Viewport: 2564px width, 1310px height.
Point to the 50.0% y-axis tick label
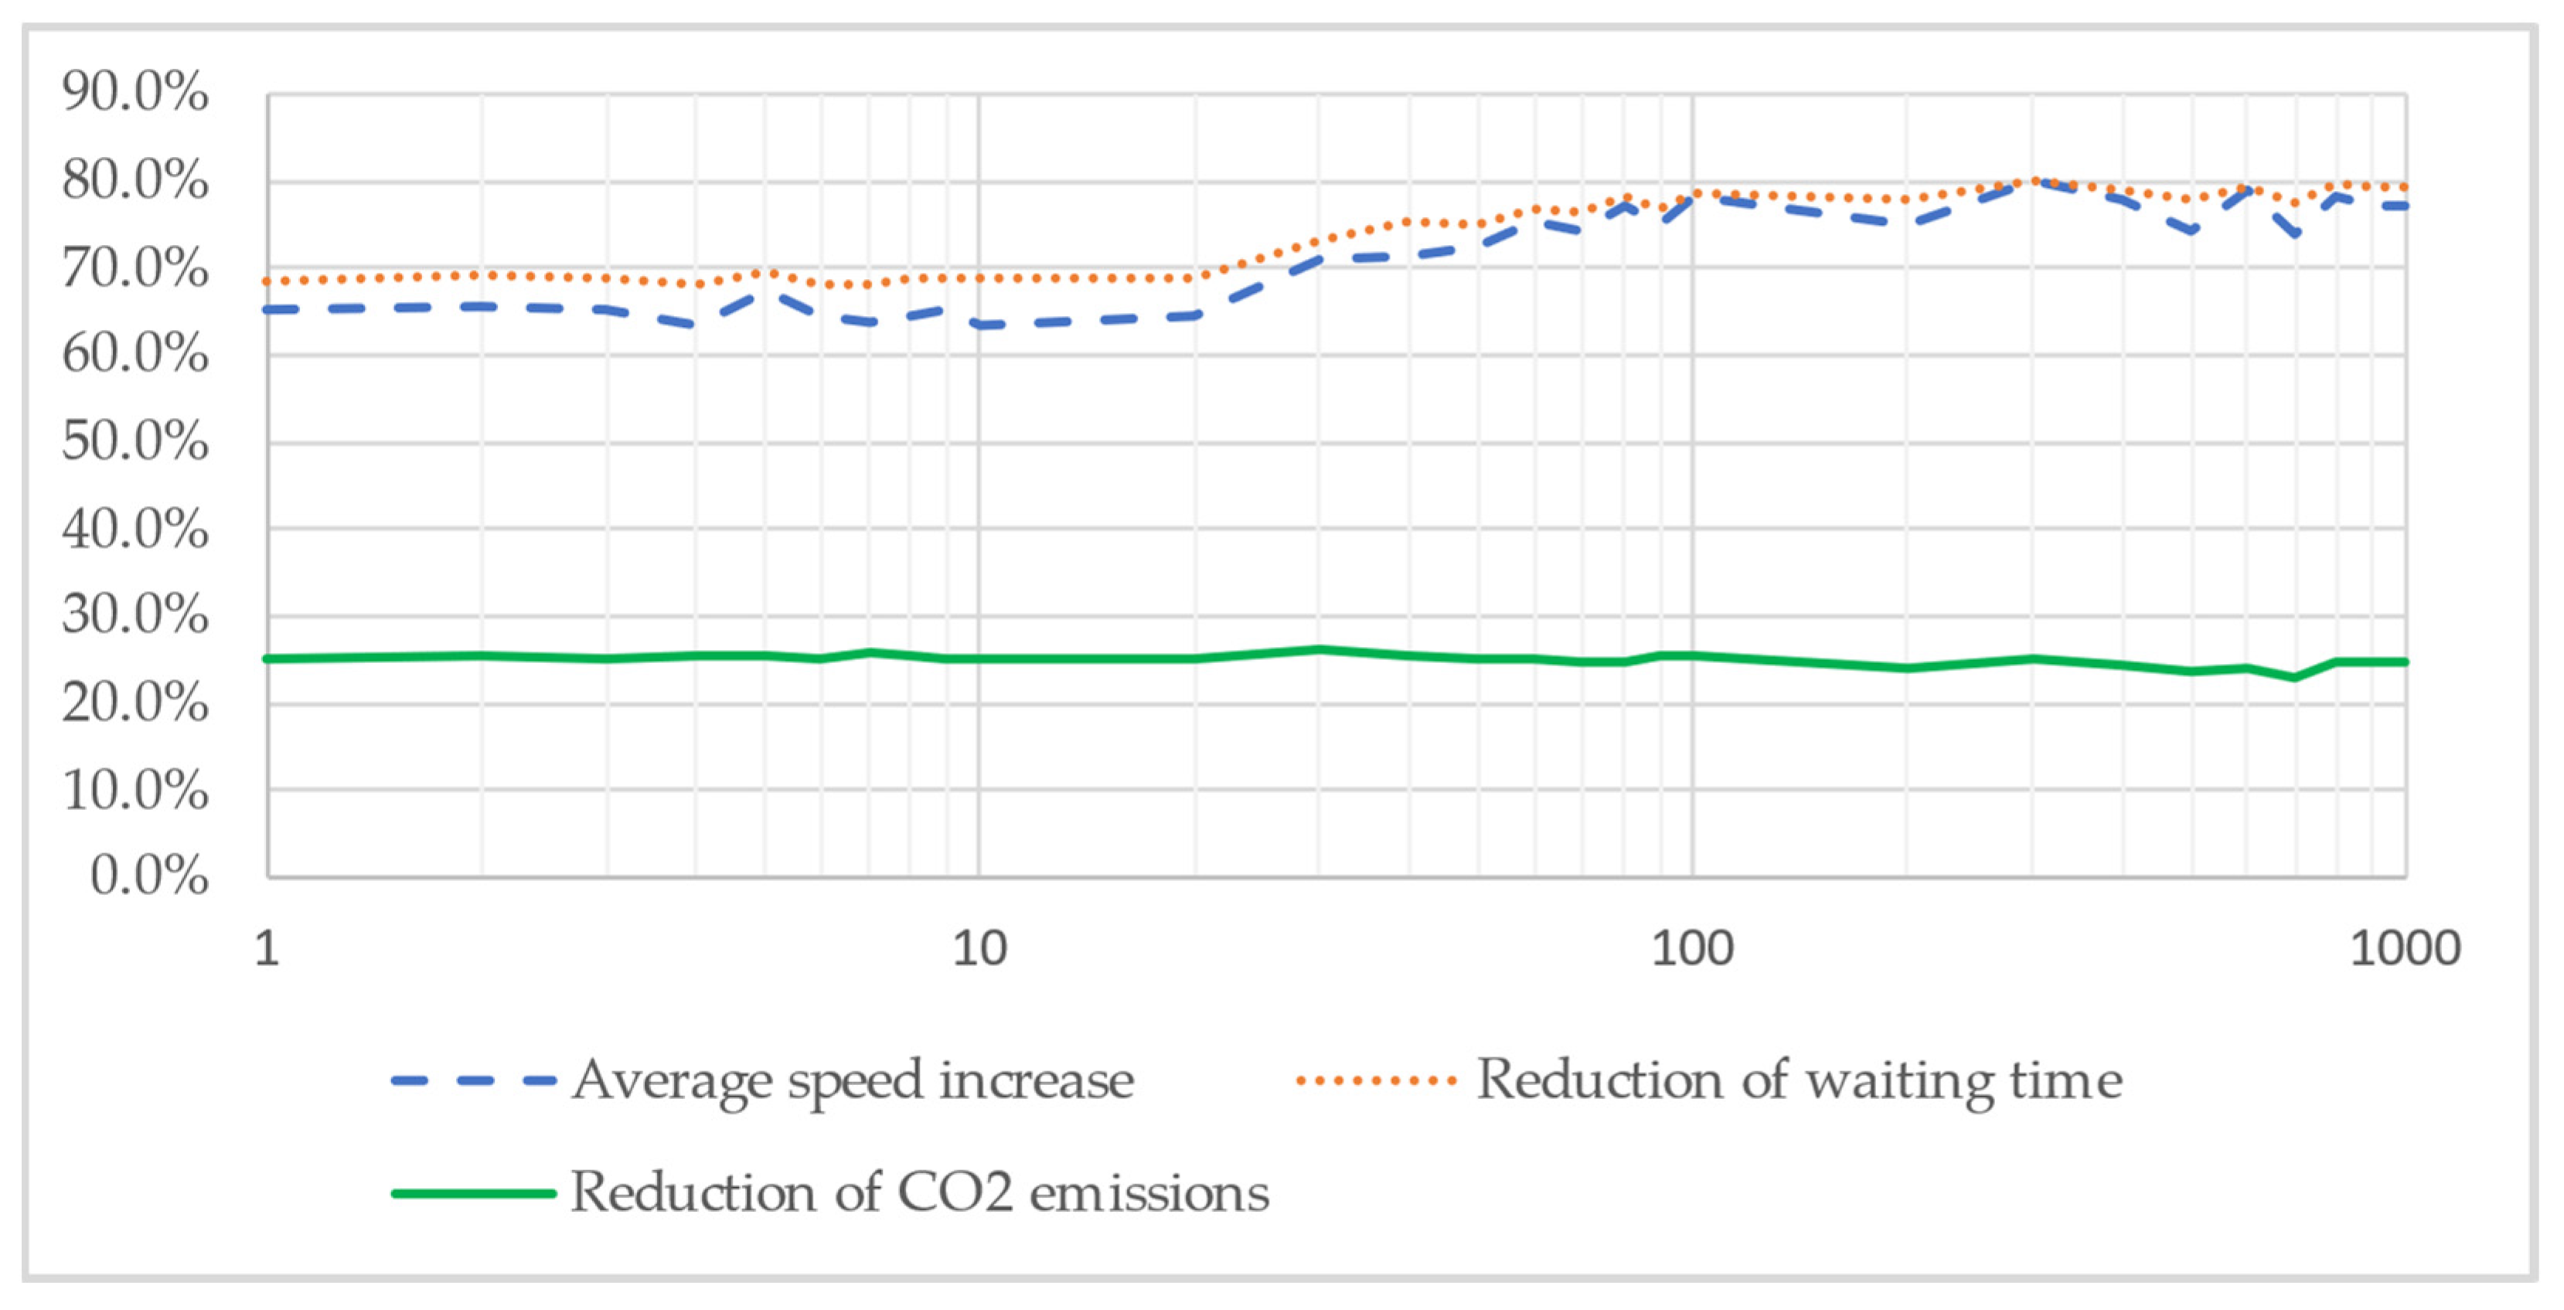click(x=135, y=441)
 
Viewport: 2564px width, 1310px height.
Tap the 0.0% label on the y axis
click(x=149, y=876)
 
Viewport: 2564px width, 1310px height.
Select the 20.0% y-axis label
click(x=135, y=703)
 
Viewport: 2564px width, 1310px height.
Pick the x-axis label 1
click(x=266, y=948)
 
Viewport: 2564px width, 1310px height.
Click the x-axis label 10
click(x=979, y=948)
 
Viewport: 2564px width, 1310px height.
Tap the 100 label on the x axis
click(x=1692, y=948)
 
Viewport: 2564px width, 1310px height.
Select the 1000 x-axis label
click(x=2405, y=948)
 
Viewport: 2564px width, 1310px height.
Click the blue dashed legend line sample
click(x=474, y=1080)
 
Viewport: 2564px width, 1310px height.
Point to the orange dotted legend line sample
click(x=1377, y=1080)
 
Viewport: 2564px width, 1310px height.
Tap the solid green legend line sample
click(x=474, y=1193)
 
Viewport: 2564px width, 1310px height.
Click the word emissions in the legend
click(x=1149, y=1193)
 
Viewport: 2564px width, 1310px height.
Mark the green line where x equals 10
click(x=979, y=658)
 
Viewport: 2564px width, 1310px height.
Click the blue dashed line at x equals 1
click(x=269, y=310)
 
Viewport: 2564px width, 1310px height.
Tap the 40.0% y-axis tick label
click(x=135, y=529)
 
